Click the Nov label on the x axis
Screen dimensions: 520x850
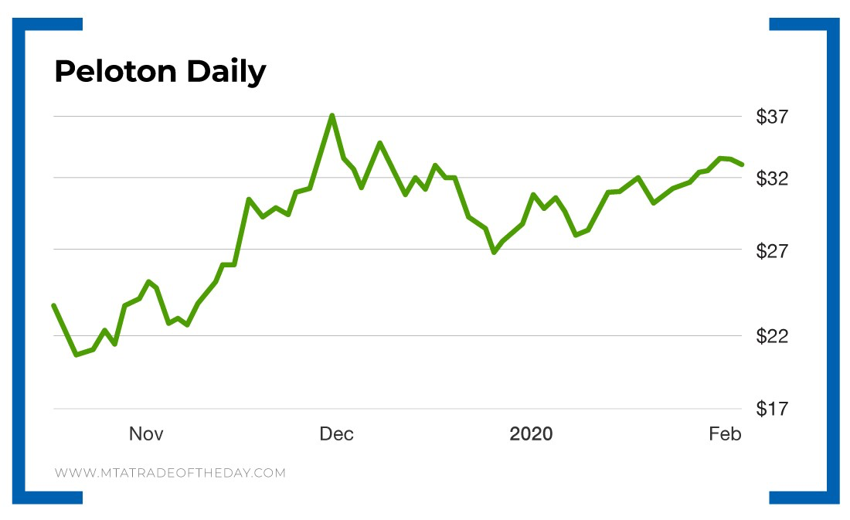(146, 434)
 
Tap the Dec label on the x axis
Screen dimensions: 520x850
(336, 434)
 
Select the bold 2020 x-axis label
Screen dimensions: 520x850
(531, 434)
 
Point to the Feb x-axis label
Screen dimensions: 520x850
(725, 434)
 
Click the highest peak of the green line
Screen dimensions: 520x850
(331, 116)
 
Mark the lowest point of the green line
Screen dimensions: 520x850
(76, 355)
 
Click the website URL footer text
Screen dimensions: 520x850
(170, 473)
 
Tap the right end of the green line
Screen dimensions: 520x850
(742, 164)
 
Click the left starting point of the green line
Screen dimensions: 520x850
(53, 306)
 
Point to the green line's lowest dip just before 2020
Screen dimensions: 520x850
(494, 252)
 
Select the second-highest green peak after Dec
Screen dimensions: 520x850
(379, 143)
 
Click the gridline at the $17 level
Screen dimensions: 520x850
(386, 409)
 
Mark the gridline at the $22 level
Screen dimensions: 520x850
(386, 336)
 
